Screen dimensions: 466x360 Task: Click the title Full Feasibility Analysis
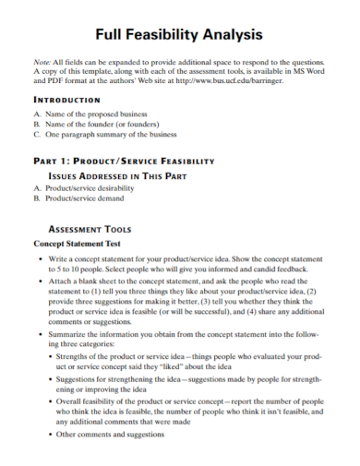180,34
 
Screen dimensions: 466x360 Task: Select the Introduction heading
66,99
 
